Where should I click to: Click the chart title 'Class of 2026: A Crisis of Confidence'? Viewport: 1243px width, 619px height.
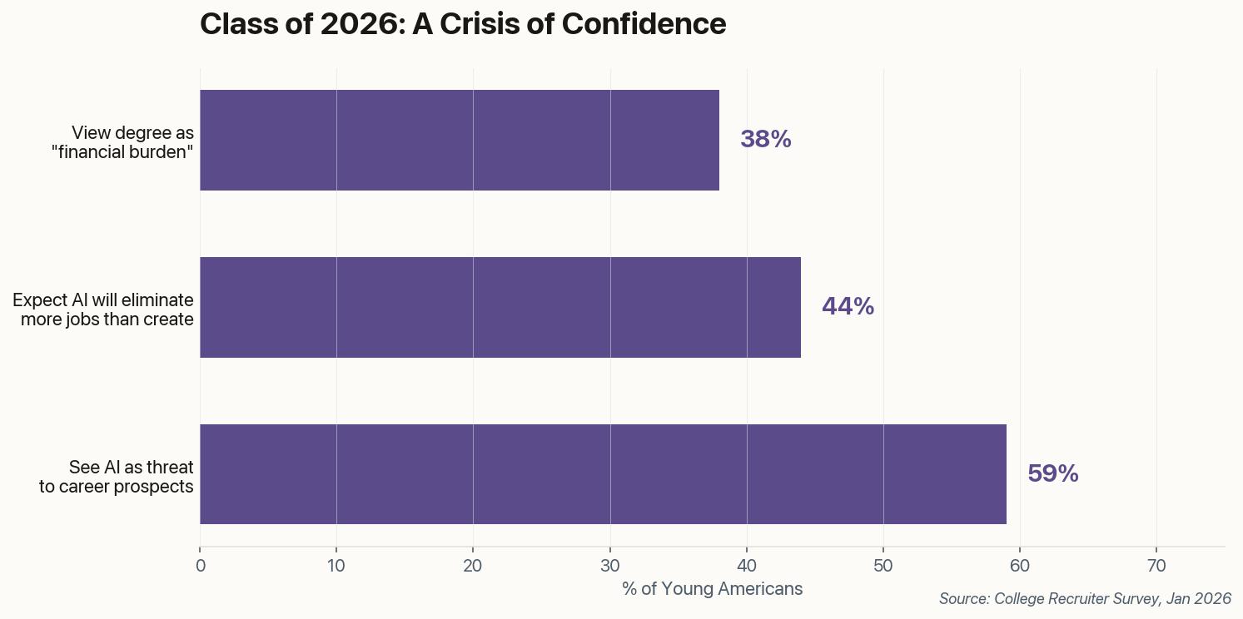463,24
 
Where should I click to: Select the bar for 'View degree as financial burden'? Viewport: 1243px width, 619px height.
459,140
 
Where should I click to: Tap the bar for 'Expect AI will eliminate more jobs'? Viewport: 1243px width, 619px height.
500,307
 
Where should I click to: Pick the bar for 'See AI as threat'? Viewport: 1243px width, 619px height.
603,474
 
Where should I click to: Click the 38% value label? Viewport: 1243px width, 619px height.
765,140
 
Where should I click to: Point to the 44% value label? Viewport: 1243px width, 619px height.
848,307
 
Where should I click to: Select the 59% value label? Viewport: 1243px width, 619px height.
1052,474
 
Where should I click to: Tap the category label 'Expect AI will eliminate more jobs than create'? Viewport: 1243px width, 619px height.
103,309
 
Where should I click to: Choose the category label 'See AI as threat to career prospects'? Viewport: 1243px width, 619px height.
117,477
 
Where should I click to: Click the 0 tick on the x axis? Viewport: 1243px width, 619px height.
200,566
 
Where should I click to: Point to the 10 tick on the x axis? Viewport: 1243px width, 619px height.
336,566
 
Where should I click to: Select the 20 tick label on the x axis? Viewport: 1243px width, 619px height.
473,566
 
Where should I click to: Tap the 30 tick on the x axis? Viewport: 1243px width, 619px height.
610,566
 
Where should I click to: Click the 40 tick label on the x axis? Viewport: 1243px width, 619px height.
747,566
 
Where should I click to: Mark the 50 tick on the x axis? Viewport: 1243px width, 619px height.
883,566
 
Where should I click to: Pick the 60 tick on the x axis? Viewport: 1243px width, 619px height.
1020,566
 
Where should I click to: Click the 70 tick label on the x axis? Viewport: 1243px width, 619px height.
1156,566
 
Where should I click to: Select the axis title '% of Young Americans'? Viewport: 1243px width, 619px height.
712,589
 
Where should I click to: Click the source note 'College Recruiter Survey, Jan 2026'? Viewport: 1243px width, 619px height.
1084,599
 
